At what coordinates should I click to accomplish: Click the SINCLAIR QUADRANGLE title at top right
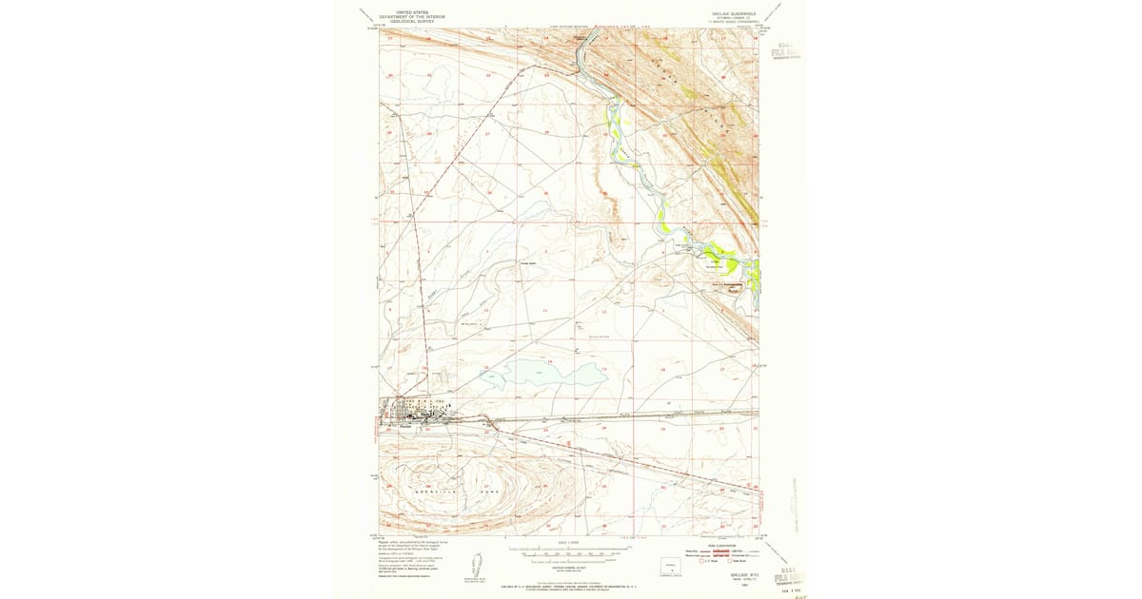(x=728, y=13)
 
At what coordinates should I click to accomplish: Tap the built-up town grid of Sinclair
(x=416, y=411)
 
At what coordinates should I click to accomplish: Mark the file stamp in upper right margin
(x=785, y=49)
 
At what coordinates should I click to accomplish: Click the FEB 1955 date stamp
(x=785, y=589)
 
